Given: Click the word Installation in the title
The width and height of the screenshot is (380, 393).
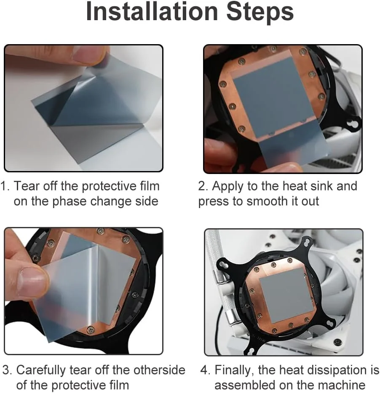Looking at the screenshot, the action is click(152, 11).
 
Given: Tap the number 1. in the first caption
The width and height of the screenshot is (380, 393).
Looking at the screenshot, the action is click(5, 186).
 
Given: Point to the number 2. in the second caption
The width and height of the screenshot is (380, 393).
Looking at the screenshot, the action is click(203, 186).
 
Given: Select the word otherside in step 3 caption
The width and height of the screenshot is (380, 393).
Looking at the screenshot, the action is click(159, 370).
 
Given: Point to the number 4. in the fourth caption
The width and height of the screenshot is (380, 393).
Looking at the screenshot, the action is click(206, 370).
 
